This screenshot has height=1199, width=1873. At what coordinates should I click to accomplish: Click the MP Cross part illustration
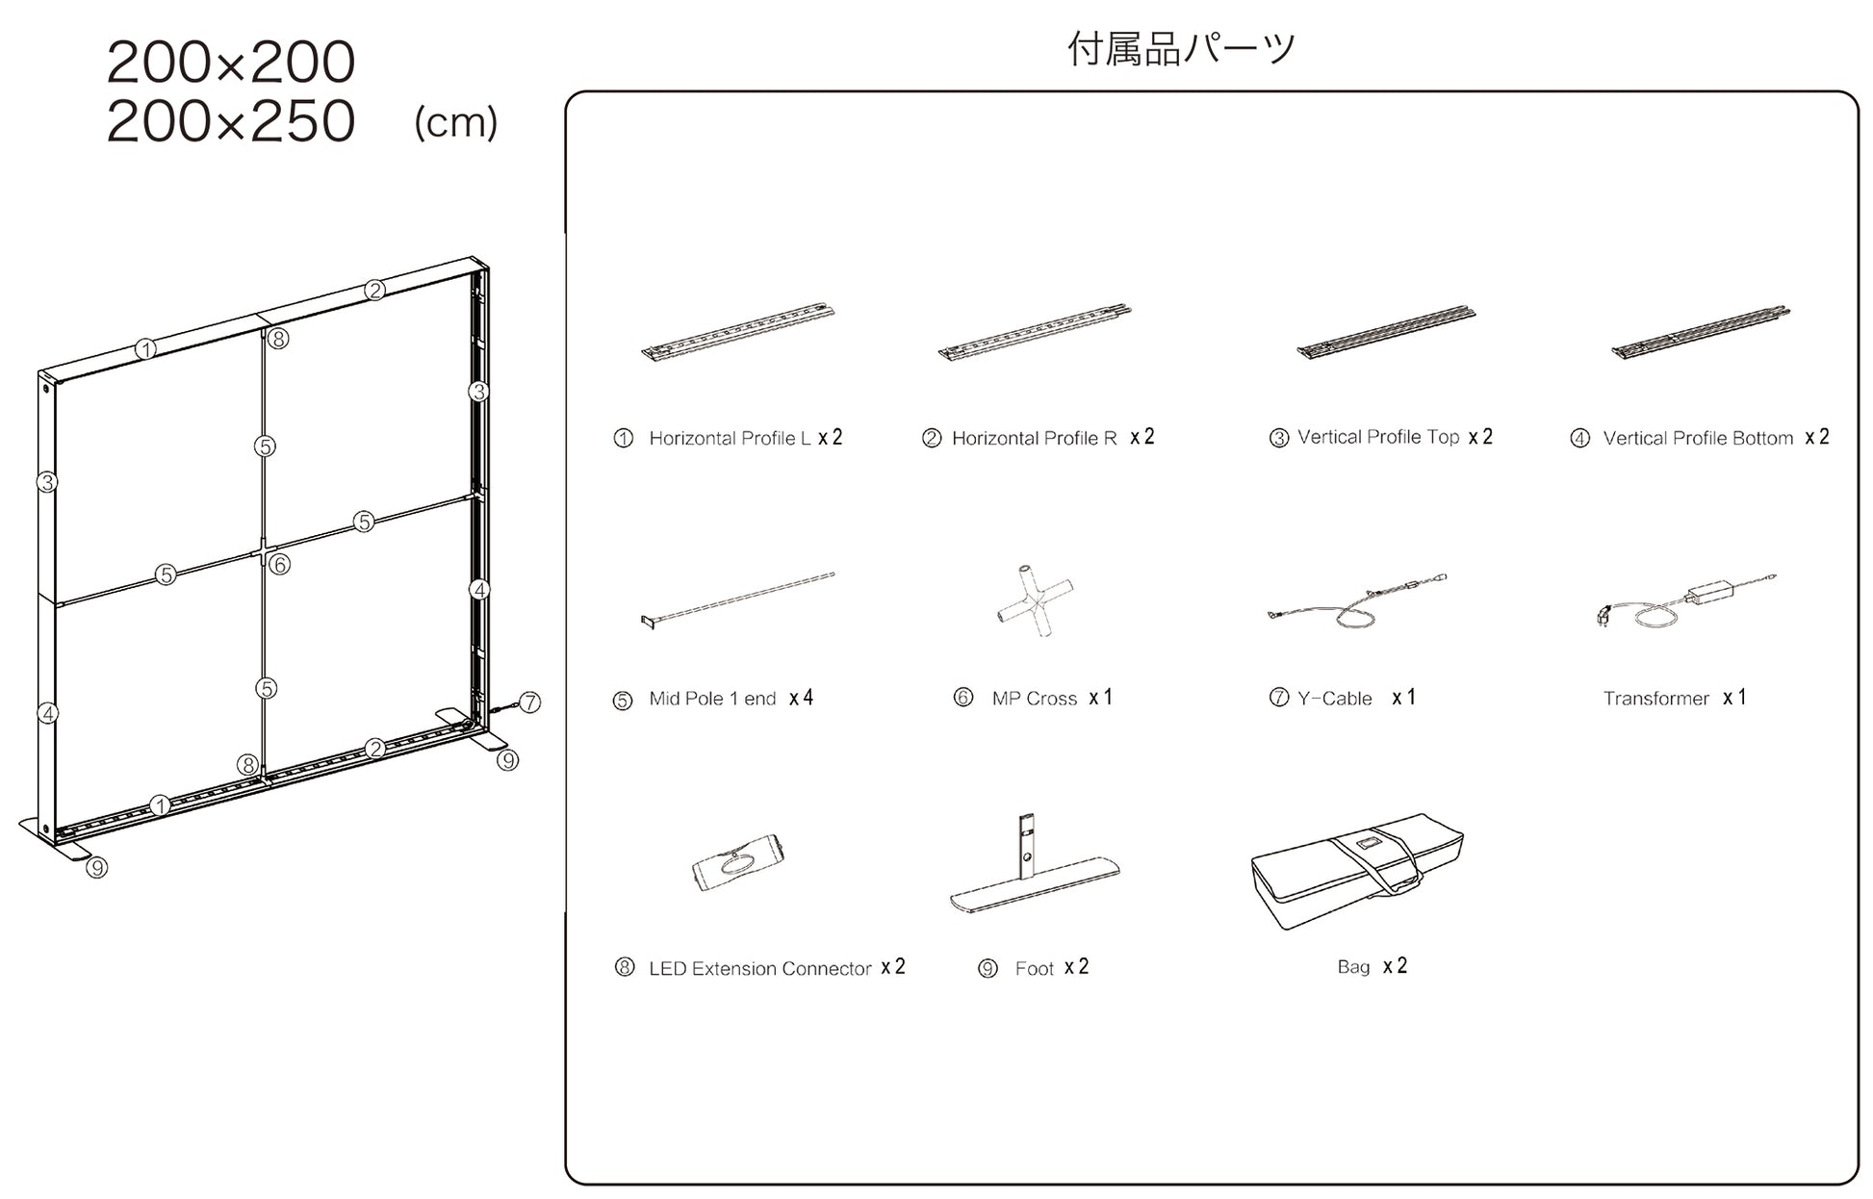1036,601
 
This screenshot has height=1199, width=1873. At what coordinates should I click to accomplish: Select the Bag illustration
1357,870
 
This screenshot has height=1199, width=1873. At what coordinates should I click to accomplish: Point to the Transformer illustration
1686,601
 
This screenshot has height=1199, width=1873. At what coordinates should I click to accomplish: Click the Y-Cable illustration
1357,601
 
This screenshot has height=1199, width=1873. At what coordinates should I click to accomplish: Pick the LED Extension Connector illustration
737,860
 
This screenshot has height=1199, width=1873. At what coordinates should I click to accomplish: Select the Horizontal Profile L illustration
737,332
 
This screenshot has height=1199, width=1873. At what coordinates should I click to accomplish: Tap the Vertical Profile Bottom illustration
1700,332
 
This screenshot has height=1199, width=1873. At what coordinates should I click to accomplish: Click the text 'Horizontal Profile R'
1034,439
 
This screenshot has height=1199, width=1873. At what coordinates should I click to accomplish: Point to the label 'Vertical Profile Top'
1377,438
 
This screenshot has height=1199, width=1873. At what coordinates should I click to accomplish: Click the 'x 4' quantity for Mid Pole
801,699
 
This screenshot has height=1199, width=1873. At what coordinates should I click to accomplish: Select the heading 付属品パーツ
1181,48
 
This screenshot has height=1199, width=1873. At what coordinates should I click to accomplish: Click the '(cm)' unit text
455,123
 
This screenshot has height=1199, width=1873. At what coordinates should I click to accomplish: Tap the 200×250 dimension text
231,121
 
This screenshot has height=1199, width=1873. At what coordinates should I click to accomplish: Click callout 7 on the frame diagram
529,702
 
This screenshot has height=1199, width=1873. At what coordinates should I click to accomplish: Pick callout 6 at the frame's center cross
279,565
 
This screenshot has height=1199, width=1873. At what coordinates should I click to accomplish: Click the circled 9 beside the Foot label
988,969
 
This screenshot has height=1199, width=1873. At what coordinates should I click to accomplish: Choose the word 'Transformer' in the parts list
1655,699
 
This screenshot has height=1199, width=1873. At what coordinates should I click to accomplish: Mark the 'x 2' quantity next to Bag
1395,966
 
